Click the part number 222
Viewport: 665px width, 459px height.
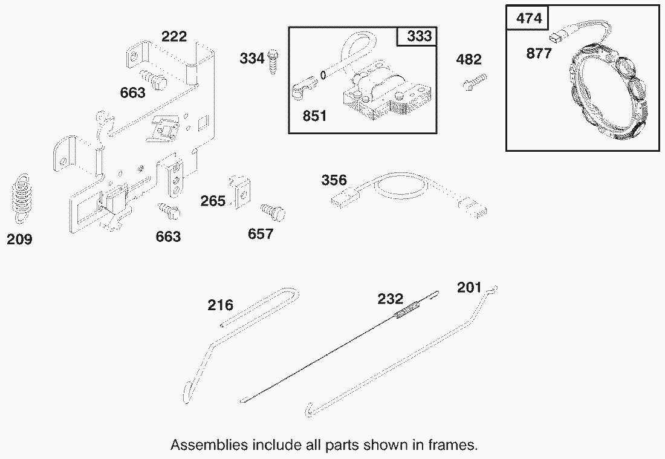pyautogui.click(x=174, y=36)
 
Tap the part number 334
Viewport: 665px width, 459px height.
pyautogui.click(x=252, y=58)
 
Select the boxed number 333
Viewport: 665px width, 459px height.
pyautogui.click(x=419, y=36)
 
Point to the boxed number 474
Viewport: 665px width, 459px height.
pyautogui.click(x=529, y=19)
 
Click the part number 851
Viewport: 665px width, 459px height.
pyautogui.click(x=315, y=116)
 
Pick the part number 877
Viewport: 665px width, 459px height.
pyautogui.click(x=539, y=53)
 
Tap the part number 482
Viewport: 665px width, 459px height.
pyautogui.click(x=469, y=59)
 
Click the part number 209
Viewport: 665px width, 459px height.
pyautogui.click(x=19, y=239)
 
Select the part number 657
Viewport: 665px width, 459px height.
pyautogui.click(x=261, y=234)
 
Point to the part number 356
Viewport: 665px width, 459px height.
pyautogui.click(x=334, y=180)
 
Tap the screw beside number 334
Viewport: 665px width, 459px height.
pyautogui.click(x=273, y=62)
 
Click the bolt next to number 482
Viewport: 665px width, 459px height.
pyautogui.click(x=474, y=82)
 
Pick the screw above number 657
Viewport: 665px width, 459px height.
pyautogui.click(x=273, y=212)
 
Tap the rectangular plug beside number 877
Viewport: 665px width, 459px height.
pyautogui.click(x=554, y=37)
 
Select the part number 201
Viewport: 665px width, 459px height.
pyautogui.click(x=470, y=288)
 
